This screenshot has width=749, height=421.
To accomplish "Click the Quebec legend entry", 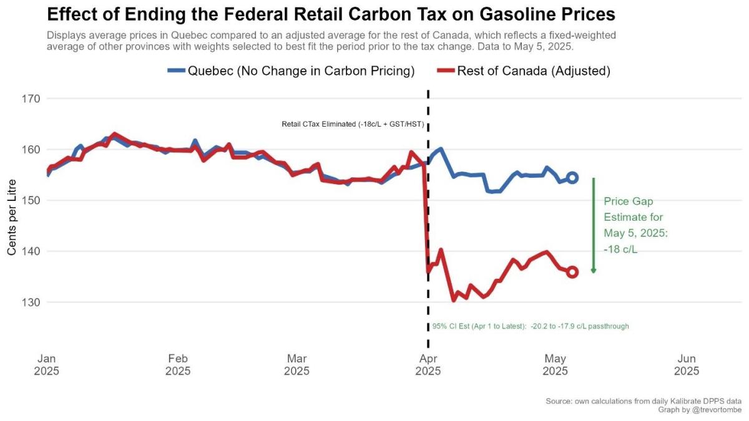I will pyautogui.click(x=291, y=70).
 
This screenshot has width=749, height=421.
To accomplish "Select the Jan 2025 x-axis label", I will pyautogui.click(x=47, y=365).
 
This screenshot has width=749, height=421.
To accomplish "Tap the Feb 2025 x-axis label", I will pyautogui.click(x=178, y=365).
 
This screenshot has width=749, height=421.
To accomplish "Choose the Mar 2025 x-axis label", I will pyautogui.click(x=296, y=365).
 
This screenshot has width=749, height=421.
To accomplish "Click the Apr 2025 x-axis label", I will pyautogui.click(x=428, y=365).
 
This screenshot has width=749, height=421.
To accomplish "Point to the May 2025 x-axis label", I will pyautogui.click(x=556, y=365).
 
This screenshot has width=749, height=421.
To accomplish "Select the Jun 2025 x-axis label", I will pyautogui.click(x=687, y=365).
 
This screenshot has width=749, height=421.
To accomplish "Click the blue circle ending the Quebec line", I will pyautogui.click(x=572, y=178).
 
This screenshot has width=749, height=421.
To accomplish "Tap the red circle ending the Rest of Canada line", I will pyautogui.click(x=572, y=272).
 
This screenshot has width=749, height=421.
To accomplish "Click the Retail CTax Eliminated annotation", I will pyautogui.click(x=353, y=124).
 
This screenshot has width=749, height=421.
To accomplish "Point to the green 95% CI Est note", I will pyautogui.click(x=531, y=326).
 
